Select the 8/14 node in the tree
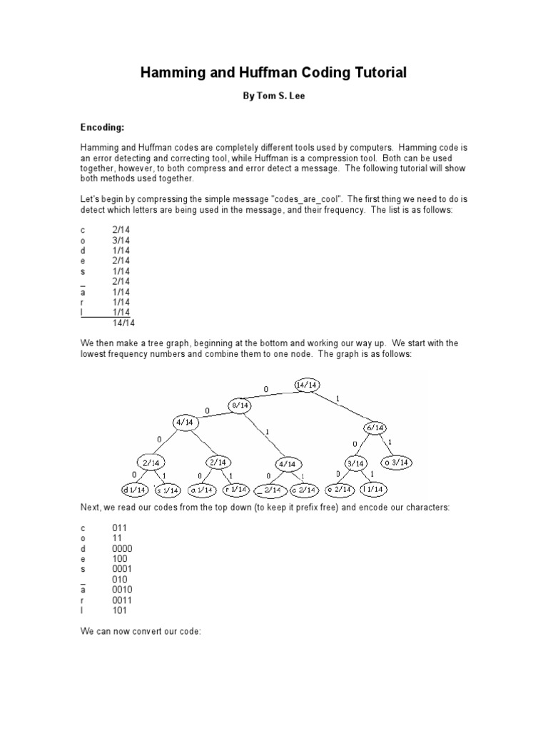[x=239, y=405]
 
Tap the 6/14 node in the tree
[x=374, y=428]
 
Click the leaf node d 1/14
[x=135, y=490]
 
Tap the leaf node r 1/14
[x=235, y=490]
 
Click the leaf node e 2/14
[x=338, y=490]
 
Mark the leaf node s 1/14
[x=168, y=490]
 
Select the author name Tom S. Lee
[x=274, y=96]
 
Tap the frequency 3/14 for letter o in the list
[x=122, y=241]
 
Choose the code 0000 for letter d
[x=121, y=548]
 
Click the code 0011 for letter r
[x=121, y=600]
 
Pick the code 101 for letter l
[x=119, y=610]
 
